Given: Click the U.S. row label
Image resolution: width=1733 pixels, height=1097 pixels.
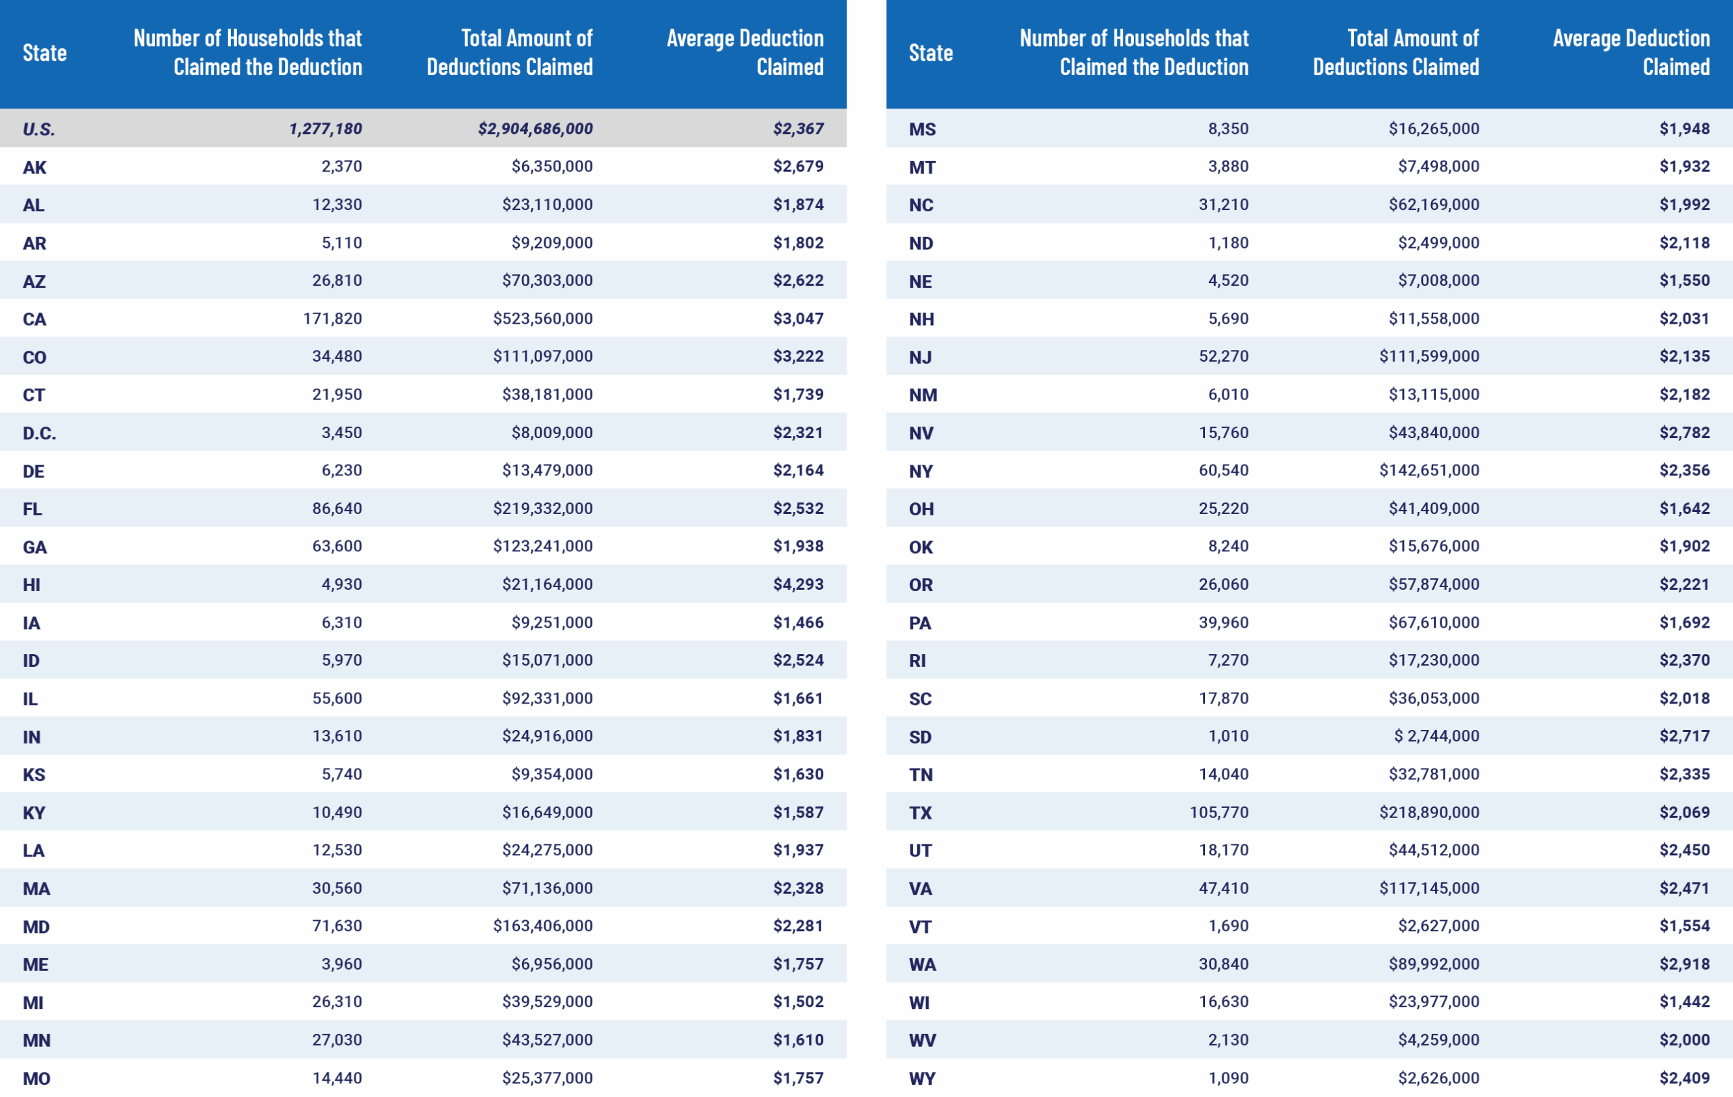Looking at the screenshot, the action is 39,129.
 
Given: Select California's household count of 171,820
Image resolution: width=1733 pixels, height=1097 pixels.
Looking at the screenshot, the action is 332,319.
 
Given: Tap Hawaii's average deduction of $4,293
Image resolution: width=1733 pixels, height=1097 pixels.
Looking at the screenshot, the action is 798,584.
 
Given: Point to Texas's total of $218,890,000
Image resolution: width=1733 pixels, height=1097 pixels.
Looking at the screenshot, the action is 1429,813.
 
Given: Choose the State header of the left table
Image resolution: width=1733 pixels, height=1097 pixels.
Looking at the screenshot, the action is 45,53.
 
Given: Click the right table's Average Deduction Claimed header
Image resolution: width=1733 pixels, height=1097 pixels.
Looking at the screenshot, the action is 1631,53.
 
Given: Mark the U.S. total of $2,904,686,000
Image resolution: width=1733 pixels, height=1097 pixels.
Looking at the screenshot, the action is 535,129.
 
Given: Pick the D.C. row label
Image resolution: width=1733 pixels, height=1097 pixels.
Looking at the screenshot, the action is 39,433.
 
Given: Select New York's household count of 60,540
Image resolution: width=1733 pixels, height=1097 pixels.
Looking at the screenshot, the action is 1223,471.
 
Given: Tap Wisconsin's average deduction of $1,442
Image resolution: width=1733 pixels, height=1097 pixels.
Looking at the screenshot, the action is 1685,1002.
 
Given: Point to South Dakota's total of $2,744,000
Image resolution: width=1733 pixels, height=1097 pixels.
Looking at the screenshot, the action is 1436,736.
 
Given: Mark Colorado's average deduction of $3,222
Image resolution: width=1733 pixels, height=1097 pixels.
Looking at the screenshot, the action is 798,356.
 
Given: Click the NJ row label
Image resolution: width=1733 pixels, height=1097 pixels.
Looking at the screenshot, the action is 921,358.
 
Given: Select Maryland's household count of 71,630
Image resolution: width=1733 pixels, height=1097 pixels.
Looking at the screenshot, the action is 337,926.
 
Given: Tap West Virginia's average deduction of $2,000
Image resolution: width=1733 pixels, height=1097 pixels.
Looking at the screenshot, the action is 1685,1040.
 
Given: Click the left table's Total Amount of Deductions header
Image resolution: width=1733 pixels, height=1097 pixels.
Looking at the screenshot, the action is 510,53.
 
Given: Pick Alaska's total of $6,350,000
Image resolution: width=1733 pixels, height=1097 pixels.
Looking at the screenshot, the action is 552,167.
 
